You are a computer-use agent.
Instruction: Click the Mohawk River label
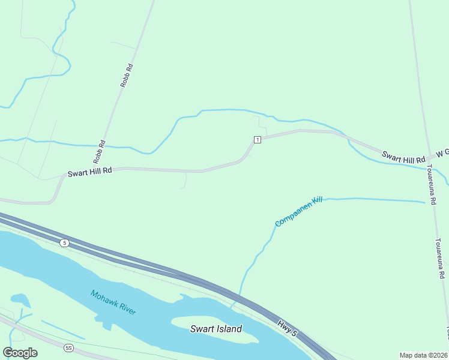pyautogui.click(x=113, y=302)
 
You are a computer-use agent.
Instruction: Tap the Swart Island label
pyautogui.click(x=216, y=329)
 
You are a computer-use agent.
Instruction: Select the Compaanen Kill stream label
pyautogui.click(x=298, y=211)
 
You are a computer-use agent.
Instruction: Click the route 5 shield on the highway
pyautogui.click(x=64, y=242)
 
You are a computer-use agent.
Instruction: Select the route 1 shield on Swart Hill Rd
pyautogui.click(x=257, y=140)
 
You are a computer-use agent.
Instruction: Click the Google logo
pyautogui.click(x=20, y=353)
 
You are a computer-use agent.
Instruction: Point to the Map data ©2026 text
pyautogui.click(x=423, y=355)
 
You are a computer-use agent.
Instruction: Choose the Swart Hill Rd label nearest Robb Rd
pyautogui.click(x=90, y=172)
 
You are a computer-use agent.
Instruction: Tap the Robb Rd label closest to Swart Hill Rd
pyautogui.click(x=100, y=152)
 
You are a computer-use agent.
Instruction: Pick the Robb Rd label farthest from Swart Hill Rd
pyautogui.click(x=126, y=76)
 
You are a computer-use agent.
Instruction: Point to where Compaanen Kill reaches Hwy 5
pyautogui.click(x=240, y=295)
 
